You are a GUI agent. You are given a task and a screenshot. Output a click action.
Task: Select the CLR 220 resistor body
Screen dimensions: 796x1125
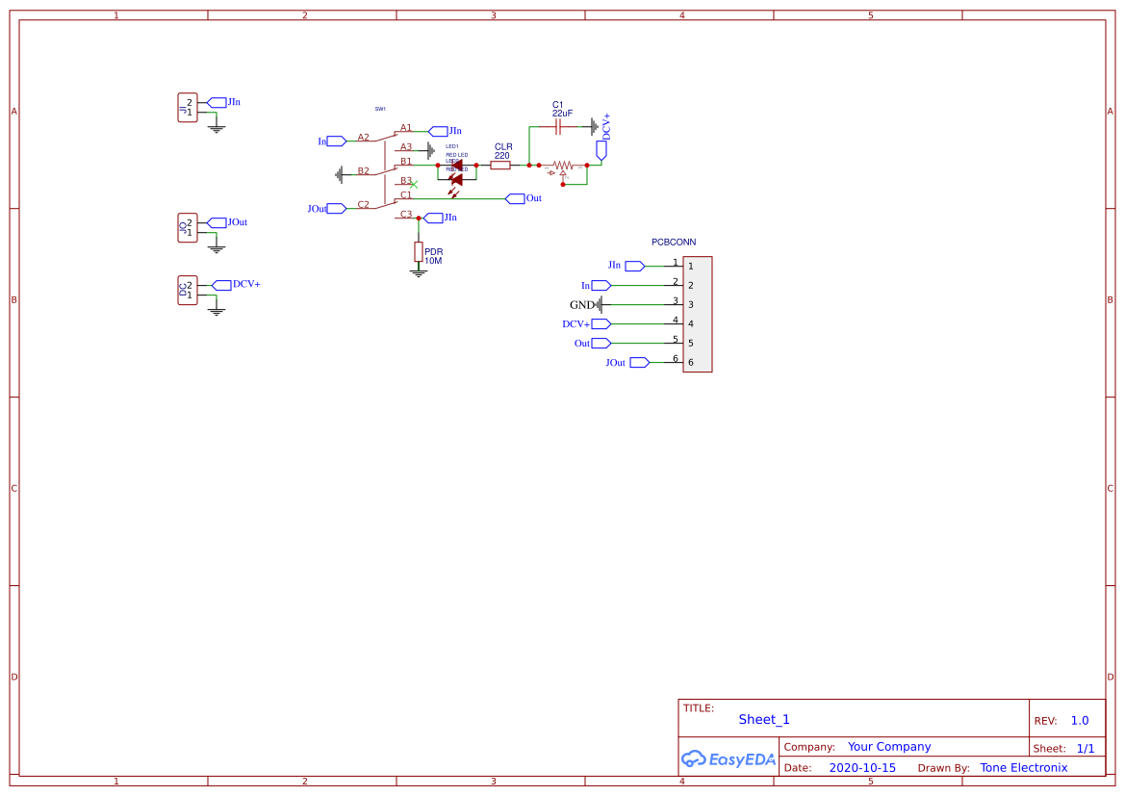(x=500, y=166)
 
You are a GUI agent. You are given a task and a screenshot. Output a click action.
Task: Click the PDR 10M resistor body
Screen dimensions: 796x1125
(x=418, y=251)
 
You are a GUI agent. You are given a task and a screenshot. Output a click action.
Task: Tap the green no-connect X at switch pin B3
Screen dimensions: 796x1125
(x=414, y=184)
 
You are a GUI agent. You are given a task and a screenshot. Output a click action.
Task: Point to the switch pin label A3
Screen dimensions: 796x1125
(x=406, y=147)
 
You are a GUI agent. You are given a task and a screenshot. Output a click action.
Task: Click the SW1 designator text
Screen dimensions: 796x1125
(x=380, y=109)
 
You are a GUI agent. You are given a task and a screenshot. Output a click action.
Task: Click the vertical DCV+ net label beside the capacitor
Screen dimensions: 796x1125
(x=606, y=125)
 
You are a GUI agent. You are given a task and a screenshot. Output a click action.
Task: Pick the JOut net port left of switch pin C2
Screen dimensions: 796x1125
(x=335, y=208)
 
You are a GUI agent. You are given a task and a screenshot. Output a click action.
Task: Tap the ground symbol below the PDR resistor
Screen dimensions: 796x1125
(x=418, y=273)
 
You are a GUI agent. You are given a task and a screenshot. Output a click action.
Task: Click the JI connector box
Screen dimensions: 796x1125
(x=187, y=108)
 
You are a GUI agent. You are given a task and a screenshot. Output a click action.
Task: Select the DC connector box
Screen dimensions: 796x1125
(x=187, y=290)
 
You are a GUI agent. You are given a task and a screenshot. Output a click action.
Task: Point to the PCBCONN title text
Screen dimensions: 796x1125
(x=674, y=243)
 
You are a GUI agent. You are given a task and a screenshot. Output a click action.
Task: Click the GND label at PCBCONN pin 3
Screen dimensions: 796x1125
(x=581, y=305)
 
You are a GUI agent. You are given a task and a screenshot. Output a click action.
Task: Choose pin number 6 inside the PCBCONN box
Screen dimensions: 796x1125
(x=690, y=362)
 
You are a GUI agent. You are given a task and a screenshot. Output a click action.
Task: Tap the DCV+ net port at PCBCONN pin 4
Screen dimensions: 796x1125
(x=601, y=324)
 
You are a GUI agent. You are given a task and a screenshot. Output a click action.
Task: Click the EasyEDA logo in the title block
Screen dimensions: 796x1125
(x=729, y=758)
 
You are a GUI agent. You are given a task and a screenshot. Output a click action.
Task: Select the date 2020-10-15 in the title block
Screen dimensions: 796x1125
(x=862, y=768)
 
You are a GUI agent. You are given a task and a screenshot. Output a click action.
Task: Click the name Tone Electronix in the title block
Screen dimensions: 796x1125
(x=1023, y=768)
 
